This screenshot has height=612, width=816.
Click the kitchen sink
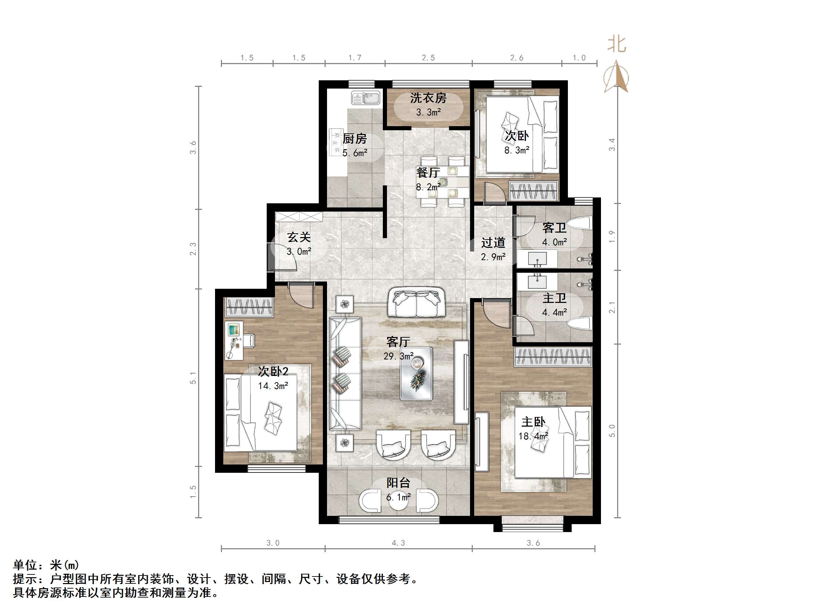click(x=366, y=98)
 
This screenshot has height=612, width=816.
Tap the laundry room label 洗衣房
click(x=428, y=98)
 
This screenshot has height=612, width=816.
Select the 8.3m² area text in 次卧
click(x=517, y=150)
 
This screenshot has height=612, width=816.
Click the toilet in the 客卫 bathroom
click(x=579, y=223)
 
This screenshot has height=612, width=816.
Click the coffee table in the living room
click(x=416, y=374)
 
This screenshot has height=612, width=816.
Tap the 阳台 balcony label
click(x=398, y=483)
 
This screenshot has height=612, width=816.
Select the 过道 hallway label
click(x=493, y=243)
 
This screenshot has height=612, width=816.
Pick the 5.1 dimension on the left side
click(x=193, y=378)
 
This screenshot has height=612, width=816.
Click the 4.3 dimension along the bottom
click(x=398, y=543)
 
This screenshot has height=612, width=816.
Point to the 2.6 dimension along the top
click(x=517, y=58)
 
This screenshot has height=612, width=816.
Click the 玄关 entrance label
click(x=299, y=237)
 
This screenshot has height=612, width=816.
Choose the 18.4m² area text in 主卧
click(x=533, y=436)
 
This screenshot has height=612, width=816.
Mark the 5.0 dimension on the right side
click(x=612, y=430)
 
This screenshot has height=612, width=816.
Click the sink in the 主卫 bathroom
click(x=537, y=282)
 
